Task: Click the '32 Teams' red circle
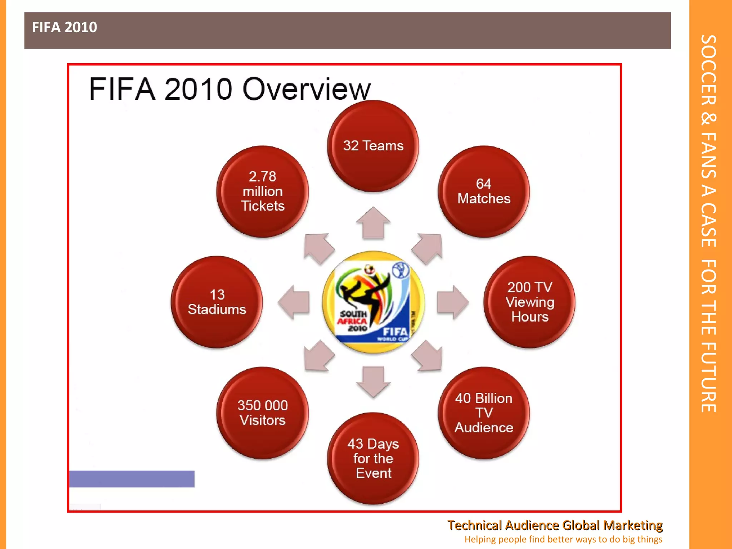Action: [x=373, y=146]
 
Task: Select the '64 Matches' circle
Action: [x=484, y=191]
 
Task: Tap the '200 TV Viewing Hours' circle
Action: [x=529, y=302]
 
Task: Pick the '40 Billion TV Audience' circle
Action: [x=484, y=413]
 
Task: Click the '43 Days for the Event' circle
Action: [x=373, y=458]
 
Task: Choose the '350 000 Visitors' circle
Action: [x=262, y=413]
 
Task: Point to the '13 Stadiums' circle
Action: [x=217, y=302]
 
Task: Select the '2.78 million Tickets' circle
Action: [x=262, y=191]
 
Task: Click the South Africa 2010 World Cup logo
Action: [x=373, y=302]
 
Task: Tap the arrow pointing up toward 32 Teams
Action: [x=373, y=223]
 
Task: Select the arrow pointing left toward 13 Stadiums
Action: [x=294, y=302]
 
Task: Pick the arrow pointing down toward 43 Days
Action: [x=373, y=381]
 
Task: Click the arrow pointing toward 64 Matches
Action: [x=428, y=248]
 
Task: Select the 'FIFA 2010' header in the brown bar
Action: [x=64, y=27]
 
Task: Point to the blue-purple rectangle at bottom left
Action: [x=132, y=479]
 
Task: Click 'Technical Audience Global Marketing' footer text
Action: [x=555, y=525]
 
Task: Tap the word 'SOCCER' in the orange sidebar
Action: [x=708, y=70]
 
